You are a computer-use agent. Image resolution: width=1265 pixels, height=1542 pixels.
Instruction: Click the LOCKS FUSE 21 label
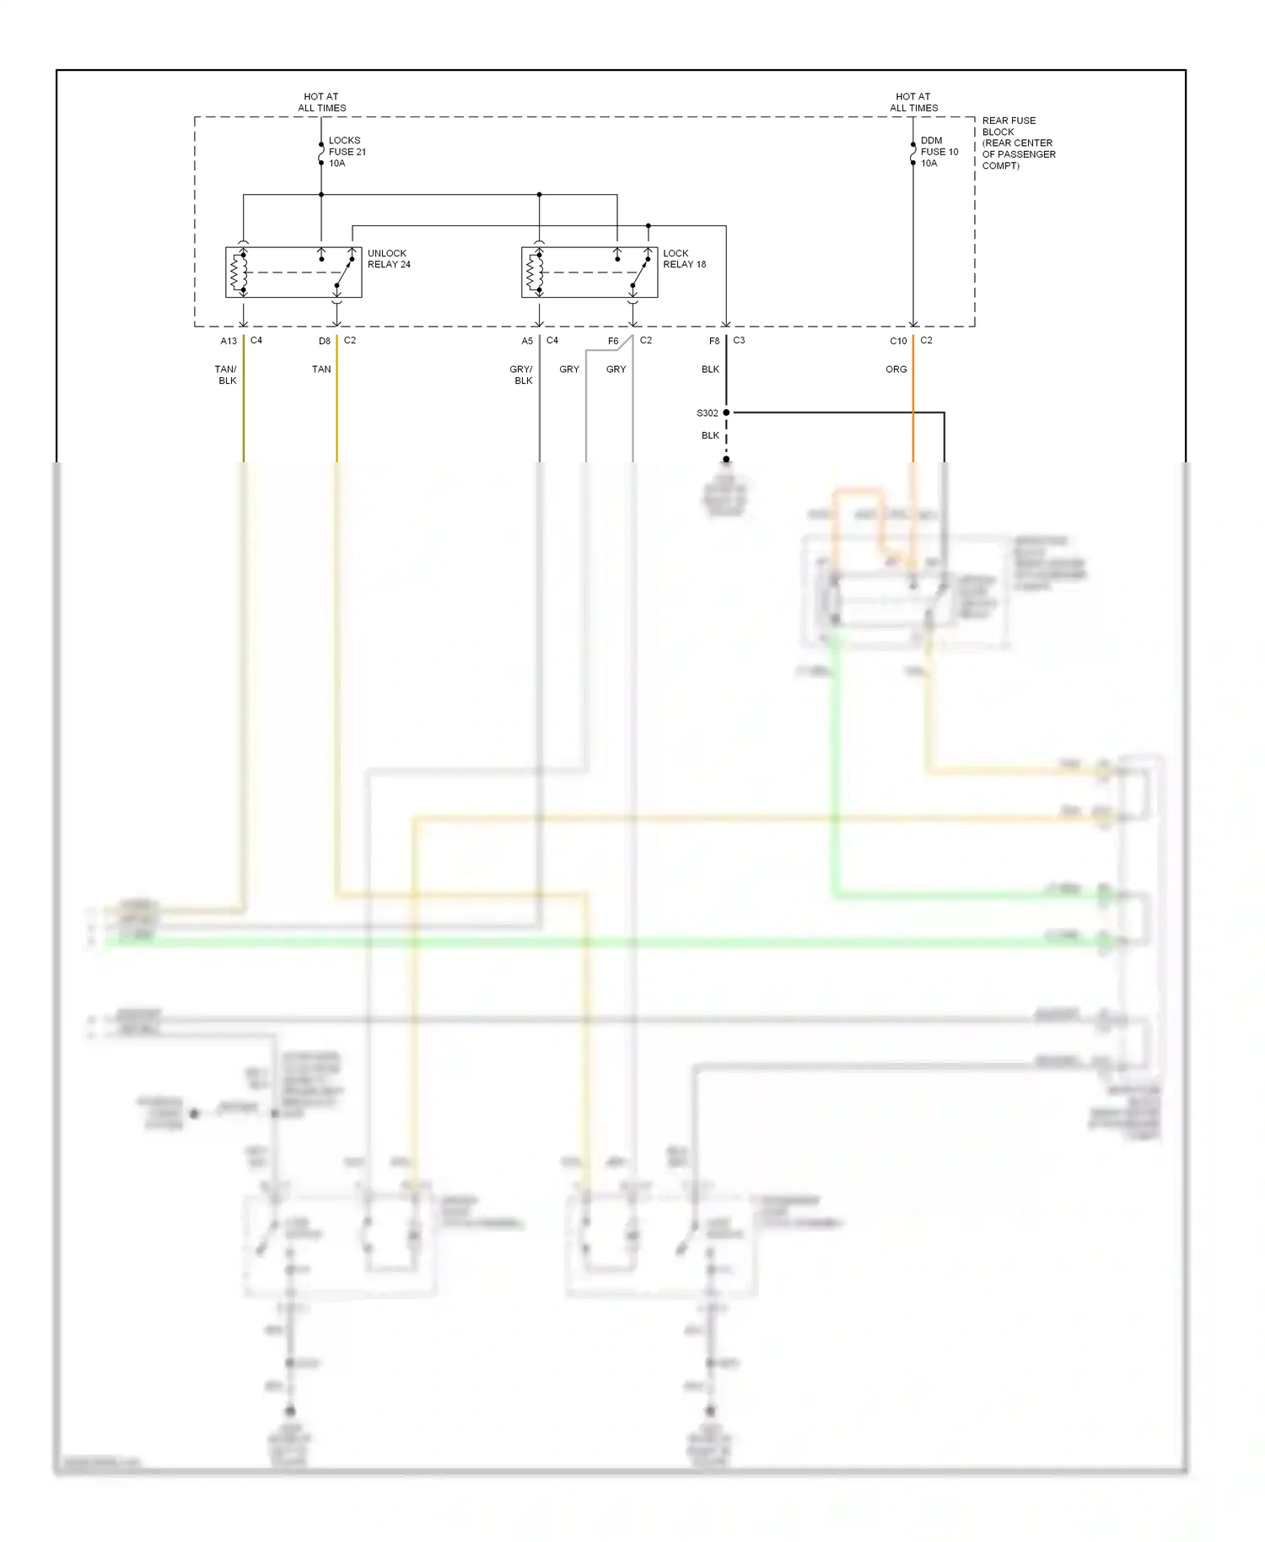coord(347,152)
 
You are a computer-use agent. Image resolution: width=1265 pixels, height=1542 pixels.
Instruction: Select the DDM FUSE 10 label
coord(939,152)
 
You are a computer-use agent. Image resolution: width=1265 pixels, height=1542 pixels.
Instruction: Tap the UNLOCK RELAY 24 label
coord(389,259)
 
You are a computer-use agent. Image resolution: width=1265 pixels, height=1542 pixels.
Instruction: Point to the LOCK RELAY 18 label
coord(684,259)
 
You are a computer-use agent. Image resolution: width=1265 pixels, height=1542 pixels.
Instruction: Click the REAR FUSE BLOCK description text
coord(1018,143)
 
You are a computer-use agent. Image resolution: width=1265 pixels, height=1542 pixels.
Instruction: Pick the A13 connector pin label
coord(229,341)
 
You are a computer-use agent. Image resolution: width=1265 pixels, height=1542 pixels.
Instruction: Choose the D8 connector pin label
coord(325,341)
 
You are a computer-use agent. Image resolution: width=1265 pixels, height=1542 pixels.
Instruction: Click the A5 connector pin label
coord(527,341)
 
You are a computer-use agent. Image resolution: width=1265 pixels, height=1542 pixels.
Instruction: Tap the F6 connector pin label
coord(613,341)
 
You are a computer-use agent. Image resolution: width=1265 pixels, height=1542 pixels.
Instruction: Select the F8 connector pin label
coord(714,341)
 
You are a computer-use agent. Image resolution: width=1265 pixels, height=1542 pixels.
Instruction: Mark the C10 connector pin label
coord(898,341)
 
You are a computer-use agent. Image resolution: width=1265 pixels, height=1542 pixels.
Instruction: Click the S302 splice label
coord(707,413)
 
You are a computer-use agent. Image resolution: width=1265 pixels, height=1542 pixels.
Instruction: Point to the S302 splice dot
coord(726,412)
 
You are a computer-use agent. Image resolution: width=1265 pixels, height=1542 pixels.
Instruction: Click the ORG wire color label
coord(896,369)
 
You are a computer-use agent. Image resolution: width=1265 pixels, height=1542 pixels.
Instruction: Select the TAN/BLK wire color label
coord(227,375)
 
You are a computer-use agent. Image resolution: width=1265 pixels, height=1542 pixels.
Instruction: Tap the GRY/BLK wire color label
coord(522,375)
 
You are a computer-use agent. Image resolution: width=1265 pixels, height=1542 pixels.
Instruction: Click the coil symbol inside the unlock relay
coord(240,272)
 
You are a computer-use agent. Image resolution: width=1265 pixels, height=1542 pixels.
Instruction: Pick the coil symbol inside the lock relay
coord(535,272)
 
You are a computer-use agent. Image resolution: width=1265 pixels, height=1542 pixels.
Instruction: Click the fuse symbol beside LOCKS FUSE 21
coord(321,154)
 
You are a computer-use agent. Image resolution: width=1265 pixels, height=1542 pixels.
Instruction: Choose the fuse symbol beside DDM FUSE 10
coord(913,154)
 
